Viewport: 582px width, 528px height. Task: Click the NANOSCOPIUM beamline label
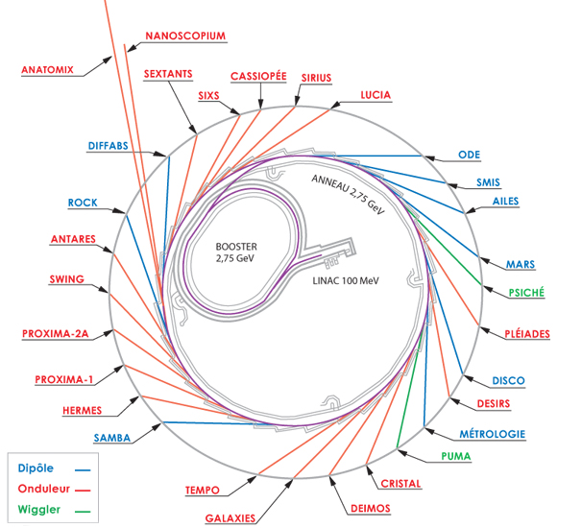pyautogui.click(x=184, y=36)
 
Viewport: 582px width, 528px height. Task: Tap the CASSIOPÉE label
pyautogui.click(x=258, y=76)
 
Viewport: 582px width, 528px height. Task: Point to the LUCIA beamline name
pyautogui.click(x=376, y=95)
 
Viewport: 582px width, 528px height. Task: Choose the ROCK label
pyautogui.click(x=83, y=203)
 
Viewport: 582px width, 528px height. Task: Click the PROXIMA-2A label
pyautogui.click(x=55, y=334)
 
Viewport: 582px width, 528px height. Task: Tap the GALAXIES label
pyautogui.click(x=230, y=518)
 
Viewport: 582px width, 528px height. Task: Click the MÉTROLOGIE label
pyautogui.click(x=492, y=434)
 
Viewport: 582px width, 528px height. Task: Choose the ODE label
pyautogui.click(x=469, y=155)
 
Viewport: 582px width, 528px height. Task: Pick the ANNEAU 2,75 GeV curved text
pyautogui.click(x=344, y=196)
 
